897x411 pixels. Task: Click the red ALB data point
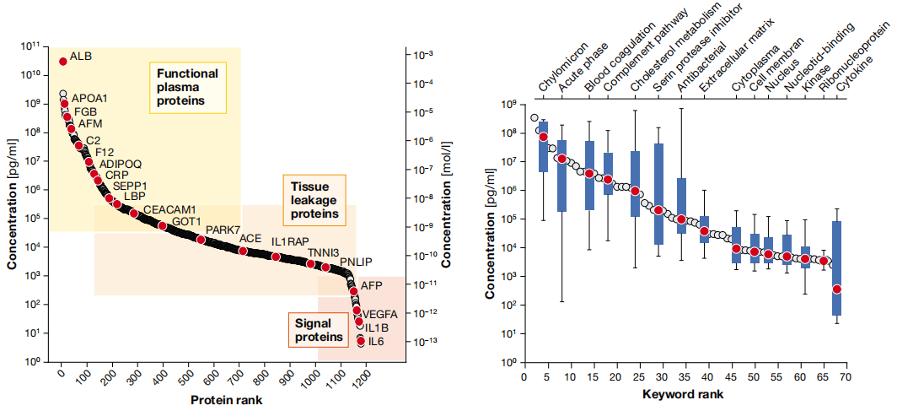pos(62,61)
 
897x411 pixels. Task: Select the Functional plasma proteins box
pos(187,88)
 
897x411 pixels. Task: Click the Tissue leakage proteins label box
pos(314,200)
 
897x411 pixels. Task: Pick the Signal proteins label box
pos(319,329)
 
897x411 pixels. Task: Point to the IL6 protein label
pos(376,341)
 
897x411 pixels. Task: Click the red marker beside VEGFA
pos(357,311)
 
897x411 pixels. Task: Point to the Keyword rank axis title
pos(682,393)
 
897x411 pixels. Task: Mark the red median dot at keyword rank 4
pos(544,137)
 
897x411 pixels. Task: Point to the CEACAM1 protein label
pos(169,208)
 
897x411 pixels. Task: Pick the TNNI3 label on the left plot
pos(324,252)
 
